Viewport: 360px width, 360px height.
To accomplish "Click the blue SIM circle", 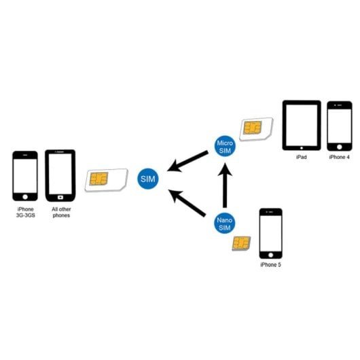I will [x=147, y=179].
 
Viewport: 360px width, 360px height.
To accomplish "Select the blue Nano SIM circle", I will [x=225, y=225].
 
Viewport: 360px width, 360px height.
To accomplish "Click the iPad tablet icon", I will [x=302, y=126].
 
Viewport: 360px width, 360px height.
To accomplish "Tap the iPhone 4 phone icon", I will [x=340, y=126].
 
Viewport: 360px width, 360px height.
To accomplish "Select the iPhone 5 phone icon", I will [x=270, y=232].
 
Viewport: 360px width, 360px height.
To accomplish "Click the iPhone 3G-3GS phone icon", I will [x=25, y=176].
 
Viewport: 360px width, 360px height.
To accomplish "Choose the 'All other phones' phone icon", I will [x=60, y=175].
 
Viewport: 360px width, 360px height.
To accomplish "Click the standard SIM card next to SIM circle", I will [x=107, y=179].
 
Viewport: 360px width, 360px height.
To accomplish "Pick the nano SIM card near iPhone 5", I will [x=241, y=243].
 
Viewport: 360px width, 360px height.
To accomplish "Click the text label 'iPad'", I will [x=302, y=157].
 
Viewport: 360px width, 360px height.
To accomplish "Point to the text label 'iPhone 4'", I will [x=340, y=157].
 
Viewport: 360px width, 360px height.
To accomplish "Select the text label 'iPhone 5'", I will [x=270, y=264].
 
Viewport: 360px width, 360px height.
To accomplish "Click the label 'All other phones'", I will [x=60, y=213].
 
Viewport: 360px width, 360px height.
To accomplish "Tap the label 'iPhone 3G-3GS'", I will [x=25, y=213].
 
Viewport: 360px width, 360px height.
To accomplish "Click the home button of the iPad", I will [x=302, y=146].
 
